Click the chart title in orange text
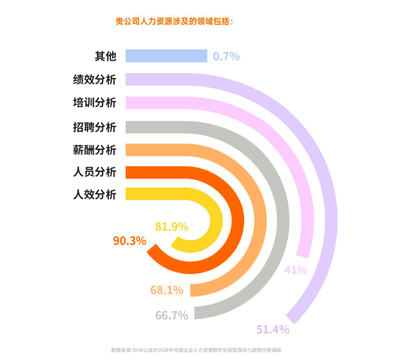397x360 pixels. (174, 21)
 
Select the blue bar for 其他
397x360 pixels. (166, 56)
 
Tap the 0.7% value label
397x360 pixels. (226, 57)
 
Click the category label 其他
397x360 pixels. (105, 56)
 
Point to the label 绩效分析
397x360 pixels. (94, 79)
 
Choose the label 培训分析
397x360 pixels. (94, 102)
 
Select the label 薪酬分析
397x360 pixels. (94, 150)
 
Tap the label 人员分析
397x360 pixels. (94, 172)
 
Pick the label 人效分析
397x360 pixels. (94, 194)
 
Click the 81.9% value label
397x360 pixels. (172, 227)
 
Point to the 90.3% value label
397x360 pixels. (129, 241)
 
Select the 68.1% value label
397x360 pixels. (167, 290)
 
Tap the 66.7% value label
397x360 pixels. (172, 315)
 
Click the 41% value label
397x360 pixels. (296, 270)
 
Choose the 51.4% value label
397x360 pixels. (273, 330)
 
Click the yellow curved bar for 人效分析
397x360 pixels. (217, 220)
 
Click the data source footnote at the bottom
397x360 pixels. (198, 350)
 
